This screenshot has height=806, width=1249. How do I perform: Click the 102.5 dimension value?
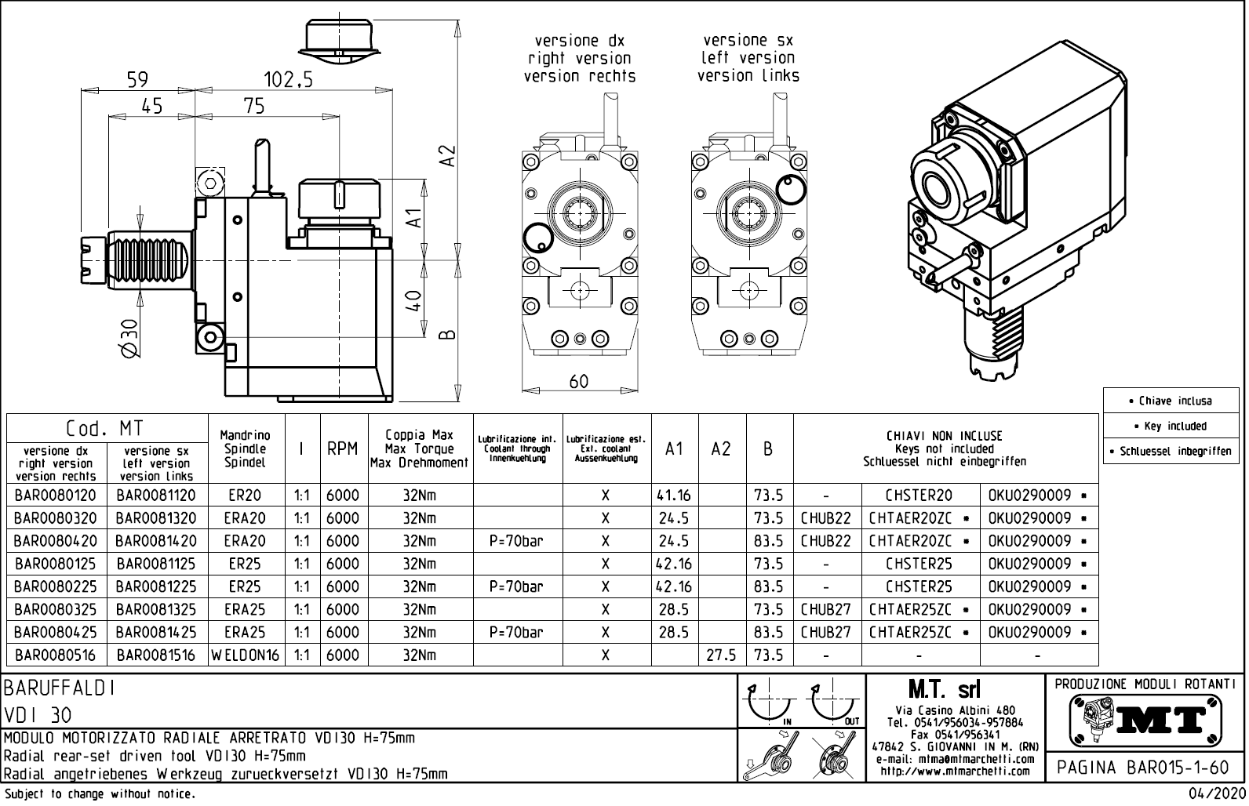tap(288, 79)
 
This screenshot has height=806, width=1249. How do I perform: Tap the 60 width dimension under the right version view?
tap(578, 381)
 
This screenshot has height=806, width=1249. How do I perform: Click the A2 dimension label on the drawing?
tap(447, 154)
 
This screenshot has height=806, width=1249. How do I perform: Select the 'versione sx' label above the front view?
tap(747, 39)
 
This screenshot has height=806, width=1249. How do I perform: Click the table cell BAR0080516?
tap(55, 655)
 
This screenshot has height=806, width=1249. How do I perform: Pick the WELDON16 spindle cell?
tap(245, 655)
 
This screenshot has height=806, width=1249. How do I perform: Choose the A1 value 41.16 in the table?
tap(674, 496)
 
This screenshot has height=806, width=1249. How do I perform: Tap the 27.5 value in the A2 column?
tap(721, 655)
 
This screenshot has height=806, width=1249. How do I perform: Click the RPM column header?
tap(343, 448)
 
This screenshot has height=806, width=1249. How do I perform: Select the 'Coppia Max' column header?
tap(419, 435)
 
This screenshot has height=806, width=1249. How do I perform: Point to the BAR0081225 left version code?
tap(156, 586)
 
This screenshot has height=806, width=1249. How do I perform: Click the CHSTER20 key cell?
tap(919, 496)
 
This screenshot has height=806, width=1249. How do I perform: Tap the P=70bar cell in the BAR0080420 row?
tap(516, 541)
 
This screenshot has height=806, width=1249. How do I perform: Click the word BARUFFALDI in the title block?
tap(60, 688)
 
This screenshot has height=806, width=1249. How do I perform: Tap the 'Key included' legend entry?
tap(1174, 426)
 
